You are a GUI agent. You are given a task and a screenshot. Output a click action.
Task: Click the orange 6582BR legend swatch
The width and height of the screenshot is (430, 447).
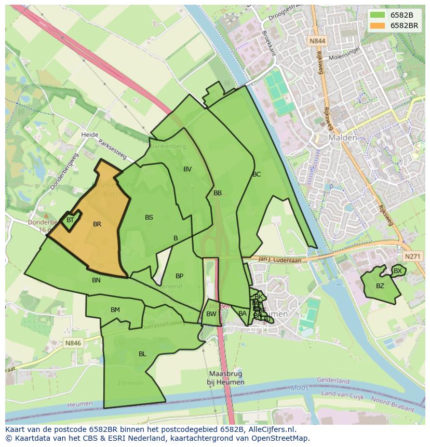coord(378,25)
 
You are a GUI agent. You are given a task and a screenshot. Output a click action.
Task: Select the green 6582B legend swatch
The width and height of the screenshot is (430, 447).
coord(378,15)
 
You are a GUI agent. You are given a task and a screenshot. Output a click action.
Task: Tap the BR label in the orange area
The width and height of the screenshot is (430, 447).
coord(97,224)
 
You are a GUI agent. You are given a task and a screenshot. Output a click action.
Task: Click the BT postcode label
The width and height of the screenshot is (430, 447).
coord(70,220)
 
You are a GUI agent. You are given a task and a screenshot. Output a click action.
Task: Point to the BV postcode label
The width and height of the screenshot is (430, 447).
coord(187,169)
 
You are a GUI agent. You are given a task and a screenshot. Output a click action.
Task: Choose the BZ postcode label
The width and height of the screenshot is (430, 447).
coord(380,286)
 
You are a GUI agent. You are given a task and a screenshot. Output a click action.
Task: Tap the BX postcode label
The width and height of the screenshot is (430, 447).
coord(398,271)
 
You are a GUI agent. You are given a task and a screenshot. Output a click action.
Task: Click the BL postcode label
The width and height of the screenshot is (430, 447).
coord(142,354)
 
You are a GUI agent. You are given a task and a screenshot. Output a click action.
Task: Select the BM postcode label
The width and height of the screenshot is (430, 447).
coord(115,310)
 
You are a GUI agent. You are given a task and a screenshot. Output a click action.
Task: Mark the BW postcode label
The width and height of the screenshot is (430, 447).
coord(211,314)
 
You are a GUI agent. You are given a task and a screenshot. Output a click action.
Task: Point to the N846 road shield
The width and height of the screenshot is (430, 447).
coord(73,343)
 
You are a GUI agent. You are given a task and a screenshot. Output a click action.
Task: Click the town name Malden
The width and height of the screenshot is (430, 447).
coord(343,138)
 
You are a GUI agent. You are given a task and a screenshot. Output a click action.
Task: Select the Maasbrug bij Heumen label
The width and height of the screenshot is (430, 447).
coord(226,378)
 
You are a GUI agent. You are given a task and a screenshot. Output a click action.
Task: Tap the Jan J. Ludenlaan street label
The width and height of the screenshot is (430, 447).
coord(280,260)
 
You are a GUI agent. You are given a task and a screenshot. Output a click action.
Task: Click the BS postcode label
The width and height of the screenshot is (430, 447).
coord(149,218)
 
